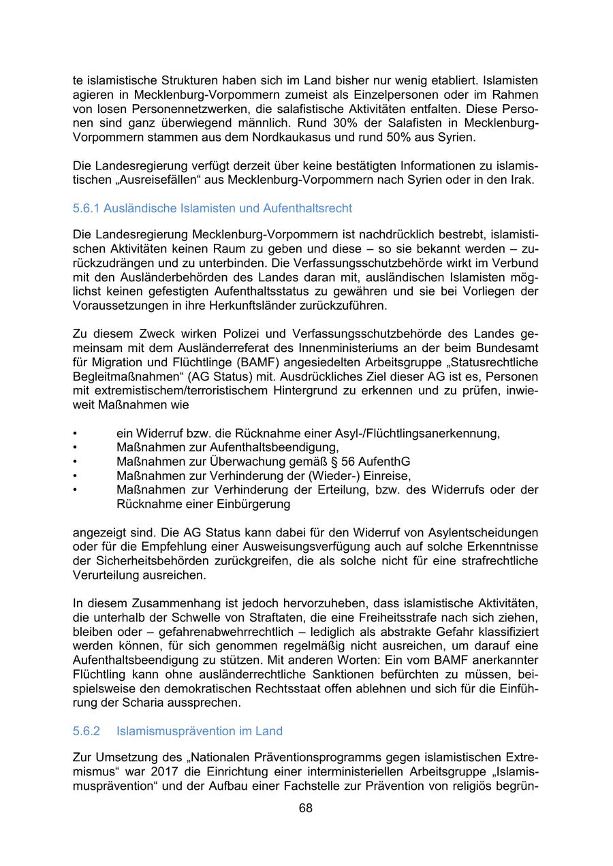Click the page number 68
point(306,808)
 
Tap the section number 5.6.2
point(87,731)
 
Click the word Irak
point(524,180)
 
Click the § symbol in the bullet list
point(345,462)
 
